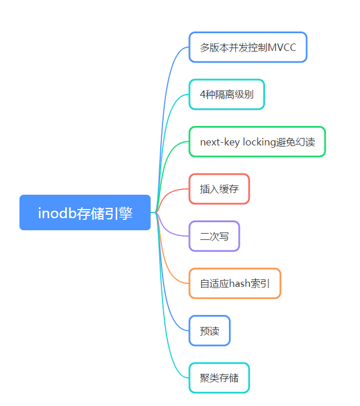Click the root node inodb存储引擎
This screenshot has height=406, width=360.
(85, 212)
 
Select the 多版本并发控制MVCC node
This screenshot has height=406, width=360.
(248, 48)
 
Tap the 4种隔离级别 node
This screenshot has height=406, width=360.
(227, 94)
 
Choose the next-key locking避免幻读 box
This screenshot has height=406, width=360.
(257, 141)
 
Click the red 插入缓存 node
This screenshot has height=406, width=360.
(219, 189)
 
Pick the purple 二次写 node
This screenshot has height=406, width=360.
(214, 236)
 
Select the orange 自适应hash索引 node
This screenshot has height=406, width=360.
(235, 283)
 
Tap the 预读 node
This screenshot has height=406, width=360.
(209, 330)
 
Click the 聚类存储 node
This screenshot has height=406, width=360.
(219, 378)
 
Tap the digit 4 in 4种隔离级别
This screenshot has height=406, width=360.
(203, 94)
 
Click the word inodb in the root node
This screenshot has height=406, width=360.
(54, 213)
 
